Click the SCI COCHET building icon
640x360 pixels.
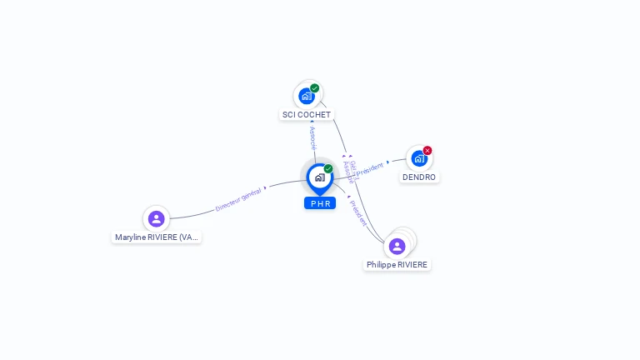pyautogui.click(x=307, y=96)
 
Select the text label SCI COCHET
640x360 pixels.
pyautogui.click(x=307, y=115)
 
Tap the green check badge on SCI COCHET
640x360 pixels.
pyautogui.click(x=315, y=87)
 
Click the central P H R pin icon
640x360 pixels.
pyautogui.click(x=319, y=177)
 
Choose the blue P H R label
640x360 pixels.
pyautogui.click(x=320, y=203)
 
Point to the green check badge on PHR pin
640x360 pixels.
pyautogui.click(x=328, y=168)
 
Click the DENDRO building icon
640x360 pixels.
pyautogui.click(x=419, y=158)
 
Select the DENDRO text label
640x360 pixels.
pyautogui.click(x=419, y=177)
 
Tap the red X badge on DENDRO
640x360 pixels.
pyautogui.click(x=427, y=151)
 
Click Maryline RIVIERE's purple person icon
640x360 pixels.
pyautogui.click(x=156, y=219)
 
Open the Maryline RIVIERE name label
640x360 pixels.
pyautogui.click(x=157, y=237)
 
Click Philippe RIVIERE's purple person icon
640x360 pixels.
pyautogui.click(x=397, y=246)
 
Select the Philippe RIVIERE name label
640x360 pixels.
pyautogui.click(x=397, y=265)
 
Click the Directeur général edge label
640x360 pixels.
pyautogui.click(x=238, y=199)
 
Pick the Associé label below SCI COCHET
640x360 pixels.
pyautogui.click(x=312, y=138)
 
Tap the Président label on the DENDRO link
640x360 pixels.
pyautogui.click(x=369, y=169)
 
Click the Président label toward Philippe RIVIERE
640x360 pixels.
pyautogui.click(x=358, y=213)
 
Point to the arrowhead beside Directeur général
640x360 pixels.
pyautogui.click(x=265, y=188)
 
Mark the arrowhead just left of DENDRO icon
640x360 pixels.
pyautogui.click(x=388, y=162)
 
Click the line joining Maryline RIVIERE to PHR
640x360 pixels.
pyautogui.click(x=200, y=212)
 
